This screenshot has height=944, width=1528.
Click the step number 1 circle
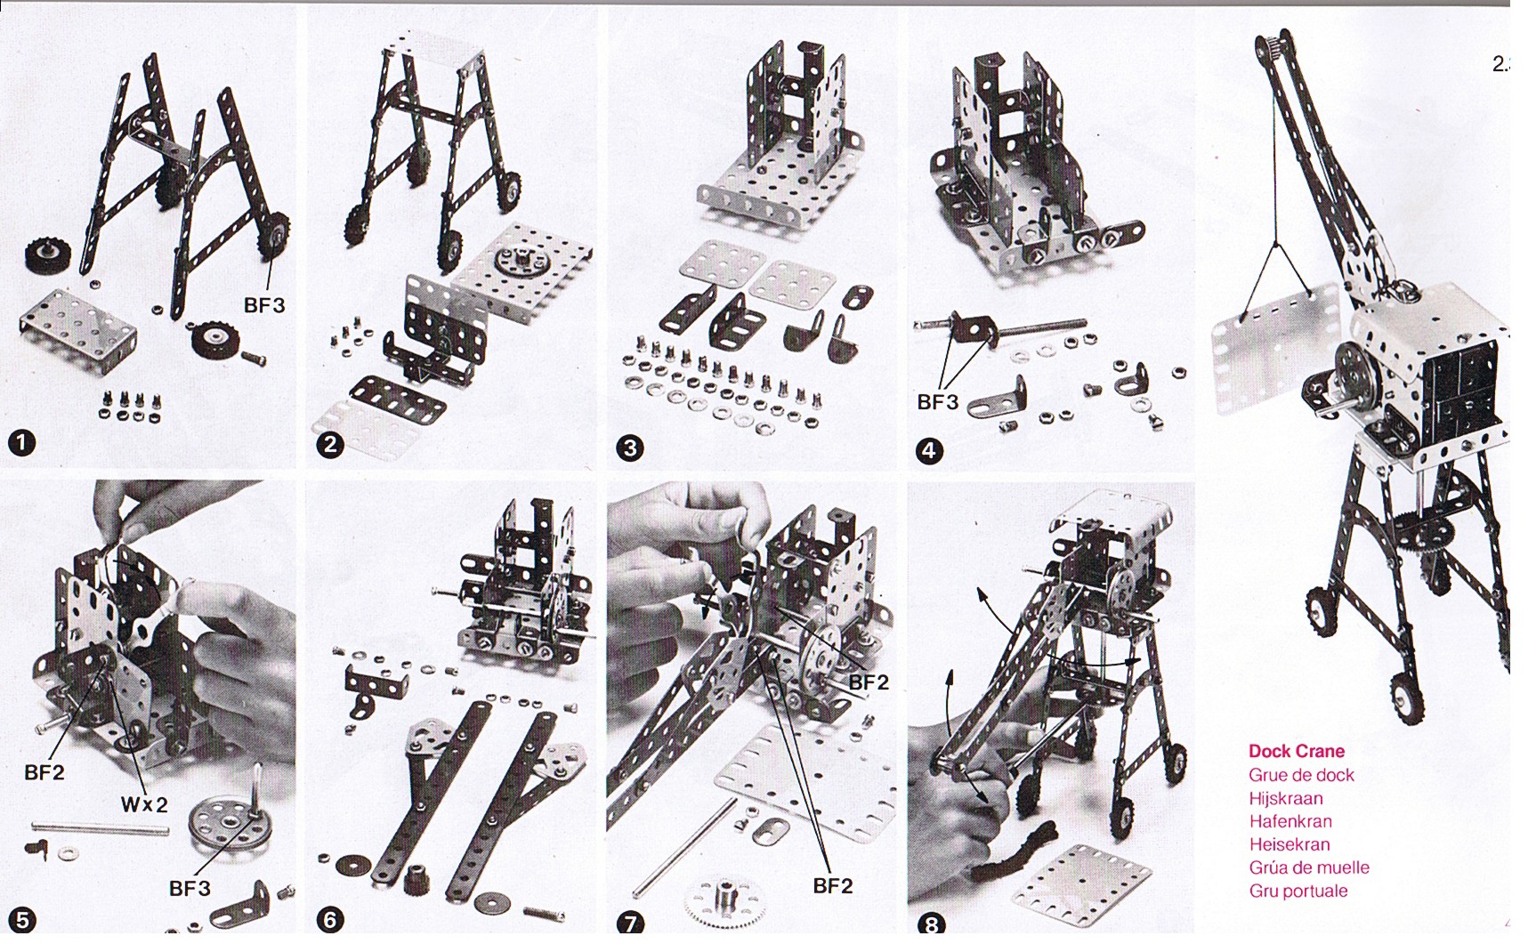coord(21,442)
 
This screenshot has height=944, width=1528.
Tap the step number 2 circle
coord(330,444)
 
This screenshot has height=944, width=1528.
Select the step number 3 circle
coord(630,448)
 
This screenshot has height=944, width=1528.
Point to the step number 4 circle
coord(928,450)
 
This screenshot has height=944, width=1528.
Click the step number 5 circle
coord(21,920)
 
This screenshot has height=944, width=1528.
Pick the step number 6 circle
coord(330,919)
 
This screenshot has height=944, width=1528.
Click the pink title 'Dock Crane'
coord(1296,751)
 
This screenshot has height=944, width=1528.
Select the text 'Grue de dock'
coord(1301,775)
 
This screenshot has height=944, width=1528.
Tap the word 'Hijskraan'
coord(1285,798)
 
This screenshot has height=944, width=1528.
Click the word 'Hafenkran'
coord(1290,821)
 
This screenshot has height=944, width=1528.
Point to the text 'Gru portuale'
coord(1298,891)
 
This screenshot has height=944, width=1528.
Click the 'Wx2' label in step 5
coord(144,805)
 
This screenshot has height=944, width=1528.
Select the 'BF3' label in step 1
coord(264,305)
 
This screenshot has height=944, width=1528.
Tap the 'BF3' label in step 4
coord(938,402)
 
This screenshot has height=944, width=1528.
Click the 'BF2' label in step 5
coord(44,772)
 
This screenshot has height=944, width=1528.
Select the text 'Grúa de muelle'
coord(1309,867)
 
